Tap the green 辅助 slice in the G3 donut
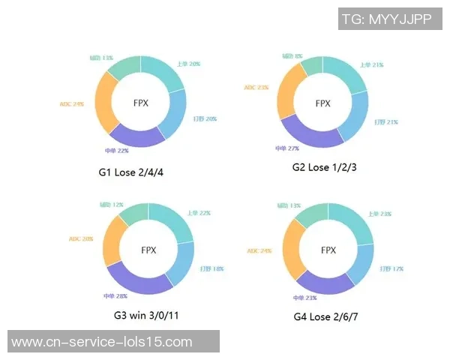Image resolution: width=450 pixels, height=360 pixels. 132,214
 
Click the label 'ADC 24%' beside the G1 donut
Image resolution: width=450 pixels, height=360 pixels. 71,103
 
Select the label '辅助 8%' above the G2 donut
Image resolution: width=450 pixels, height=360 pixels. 293,55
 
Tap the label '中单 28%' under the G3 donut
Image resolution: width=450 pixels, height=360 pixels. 115,295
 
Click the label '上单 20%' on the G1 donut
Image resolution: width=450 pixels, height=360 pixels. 188,64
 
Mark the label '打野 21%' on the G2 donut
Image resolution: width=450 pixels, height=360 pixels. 386,121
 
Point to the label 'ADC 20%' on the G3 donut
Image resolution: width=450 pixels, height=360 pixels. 81,239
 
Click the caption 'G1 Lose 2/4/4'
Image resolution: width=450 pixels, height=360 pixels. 130,172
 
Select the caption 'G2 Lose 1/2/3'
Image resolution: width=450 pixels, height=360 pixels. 324,167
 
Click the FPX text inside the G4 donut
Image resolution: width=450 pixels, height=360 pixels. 328,250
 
